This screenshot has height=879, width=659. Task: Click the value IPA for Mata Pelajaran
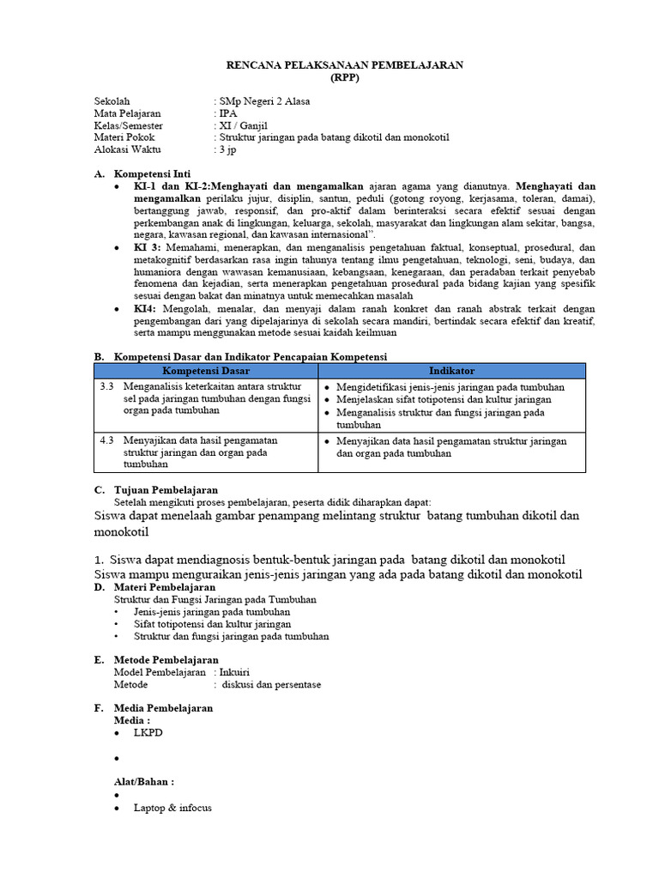(228, 113)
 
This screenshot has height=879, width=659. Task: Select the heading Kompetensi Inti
(153, 173)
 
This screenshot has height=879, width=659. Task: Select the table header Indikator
(451, 370)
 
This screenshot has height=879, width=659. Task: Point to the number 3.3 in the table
(106, 386)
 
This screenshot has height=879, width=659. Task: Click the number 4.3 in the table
(106, 439)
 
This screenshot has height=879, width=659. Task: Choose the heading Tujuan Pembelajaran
(166, 489)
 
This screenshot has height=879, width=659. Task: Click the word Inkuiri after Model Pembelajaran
(235, 672)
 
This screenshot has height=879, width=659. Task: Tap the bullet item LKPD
(147, 734)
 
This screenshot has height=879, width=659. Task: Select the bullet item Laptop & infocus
(172, 808)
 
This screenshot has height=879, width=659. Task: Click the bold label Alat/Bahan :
(144, 782)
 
